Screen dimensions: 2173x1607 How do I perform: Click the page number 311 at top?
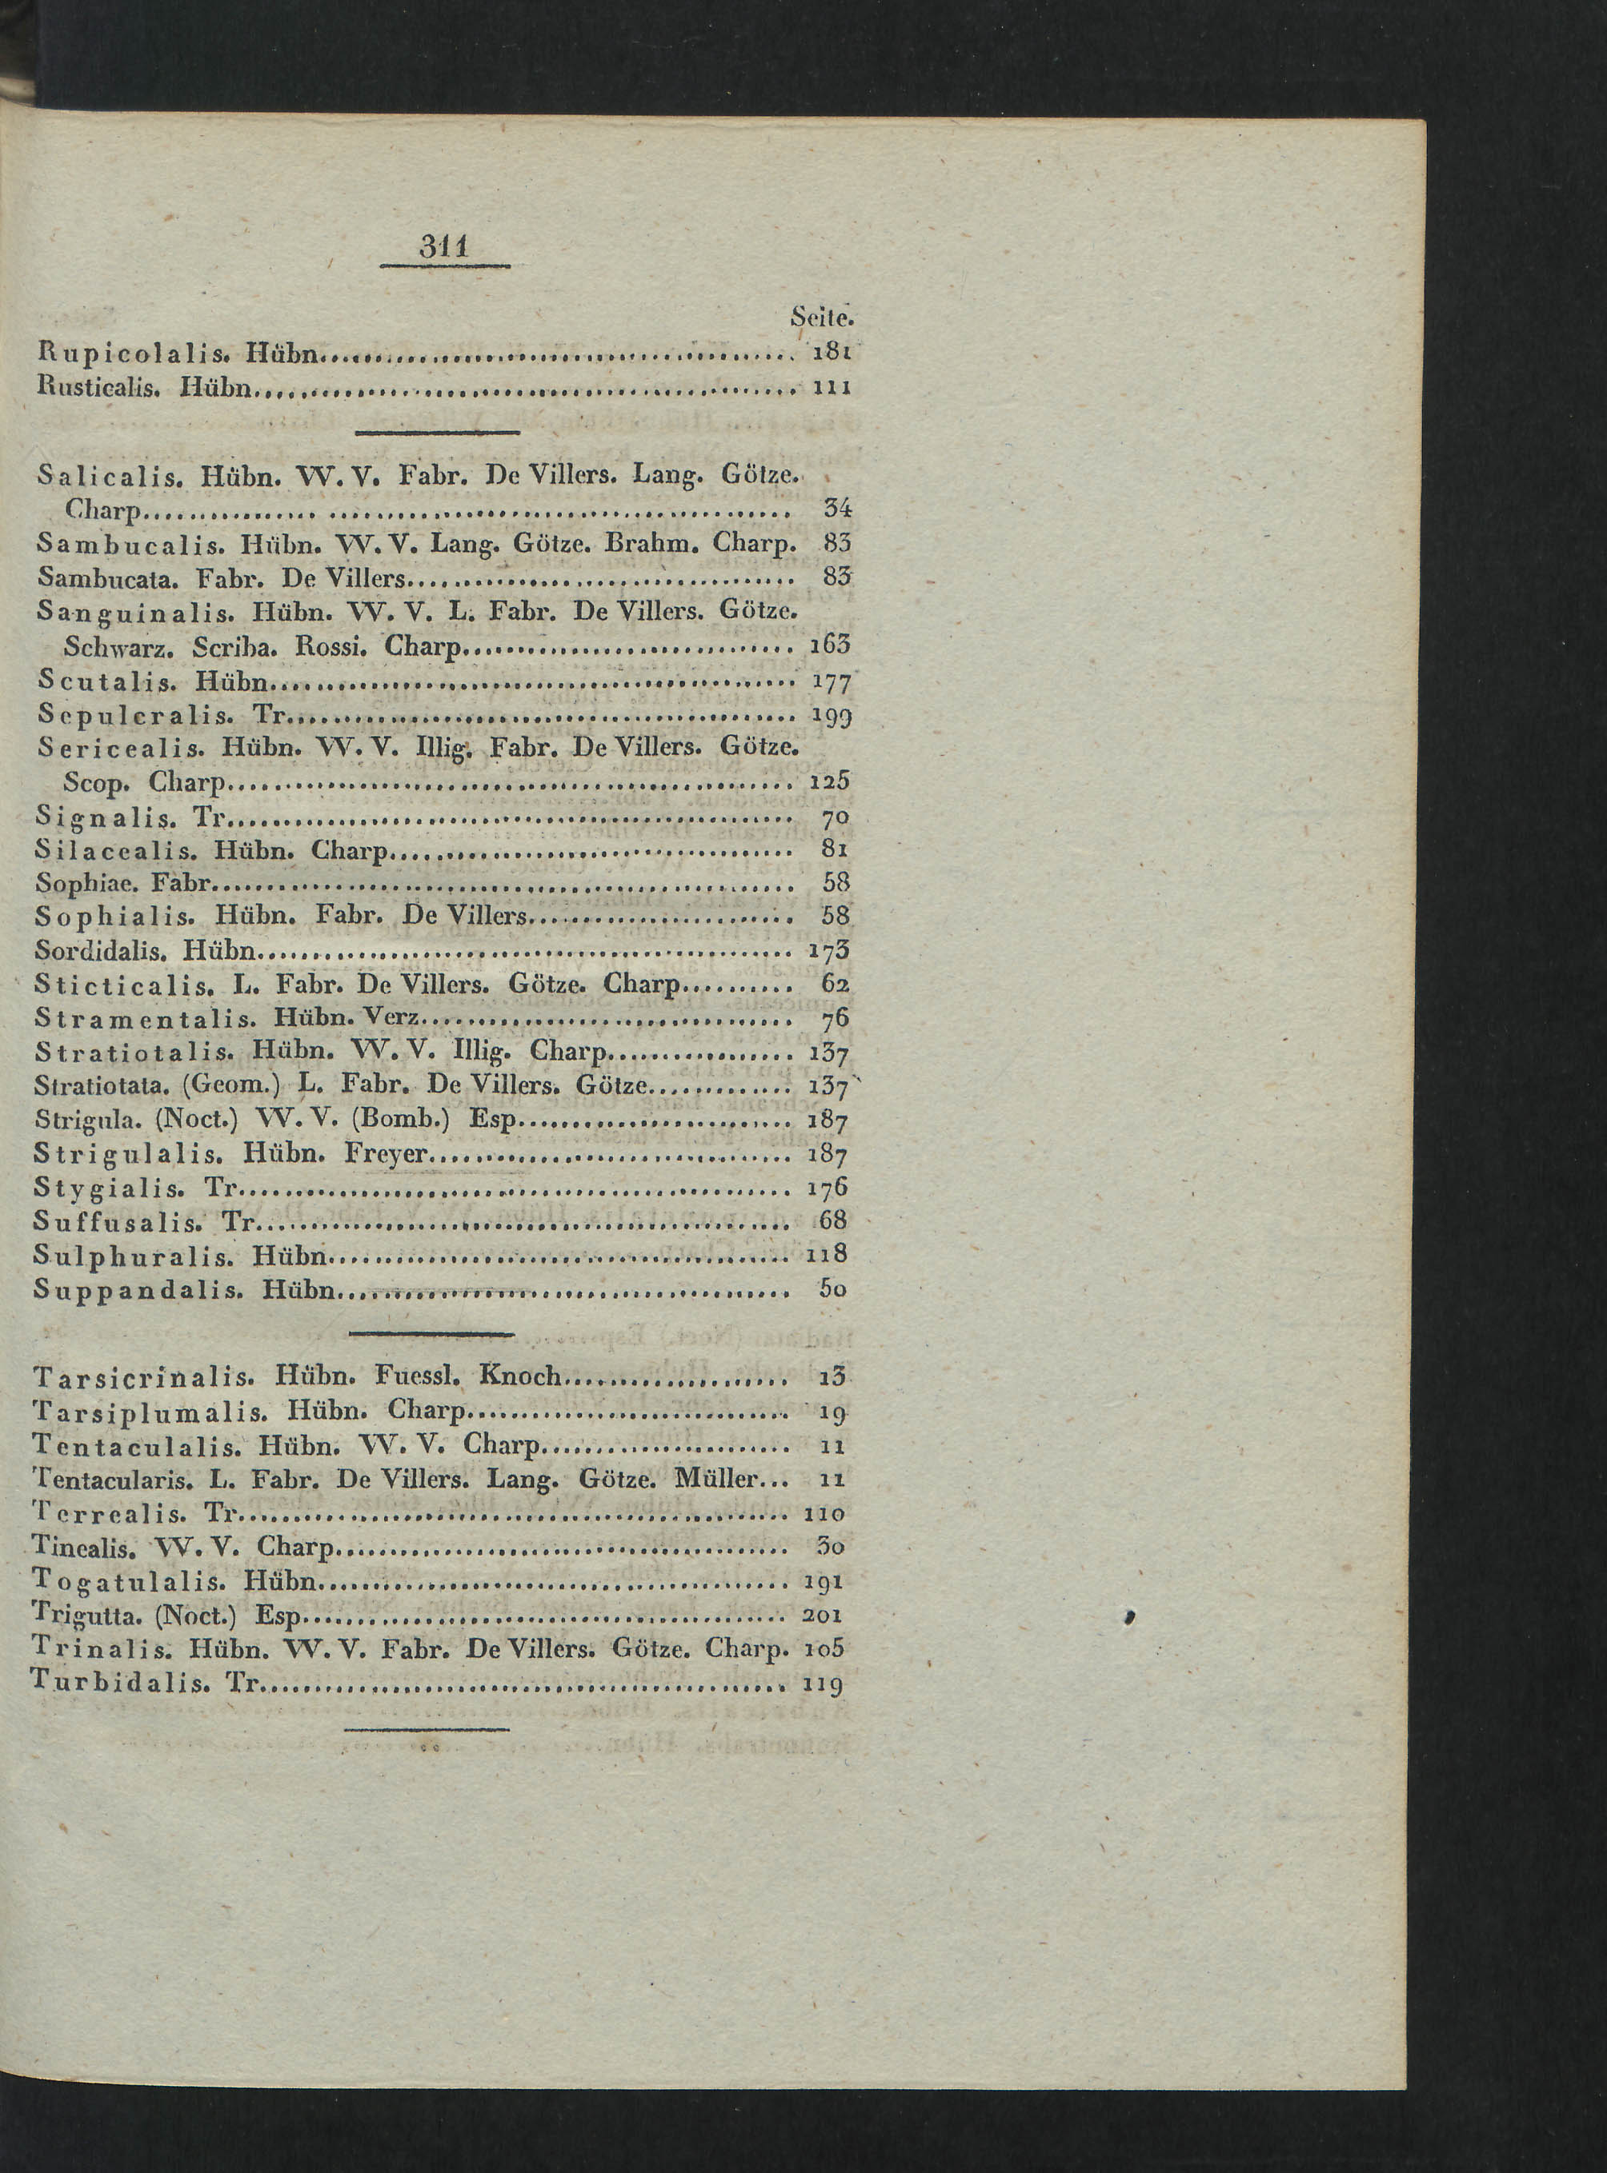(x=444, y=247)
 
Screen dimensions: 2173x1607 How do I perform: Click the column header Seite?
(x=821, y=316)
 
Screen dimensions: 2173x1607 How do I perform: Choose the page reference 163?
(x=830, y=645)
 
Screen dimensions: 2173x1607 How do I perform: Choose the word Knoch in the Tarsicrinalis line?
(x=520, y=1376)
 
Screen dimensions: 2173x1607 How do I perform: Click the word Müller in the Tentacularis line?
(x=715, y=1479)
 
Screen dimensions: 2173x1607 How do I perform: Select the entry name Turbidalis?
(x=121, y=1683)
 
